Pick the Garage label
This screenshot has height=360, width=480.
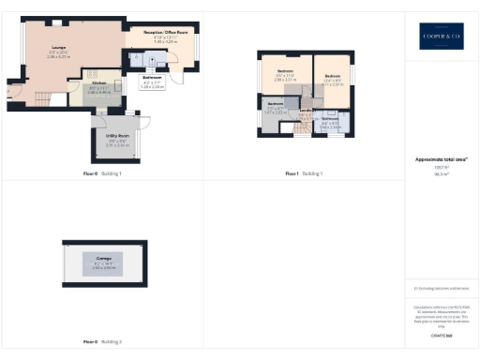click(103, 254)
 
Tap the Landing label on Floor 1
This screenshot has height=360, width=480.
click(305, 111)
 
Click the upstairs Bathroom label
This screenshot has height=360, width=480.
click(329, 119)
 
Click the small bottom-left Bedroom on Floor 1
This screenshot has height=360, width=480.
click(276, 104)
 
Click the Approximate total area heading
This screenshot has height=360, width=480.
click(441, 158)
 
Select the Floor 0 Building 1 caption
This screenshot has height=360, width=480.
click(102, 174)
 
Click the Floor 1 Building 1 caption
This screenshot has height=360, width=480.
click(304, 174)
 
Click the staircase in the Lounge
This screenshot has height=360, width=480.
click(42, 98)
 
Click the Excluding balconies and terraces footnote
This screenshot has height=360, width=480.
click(441, 289)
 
